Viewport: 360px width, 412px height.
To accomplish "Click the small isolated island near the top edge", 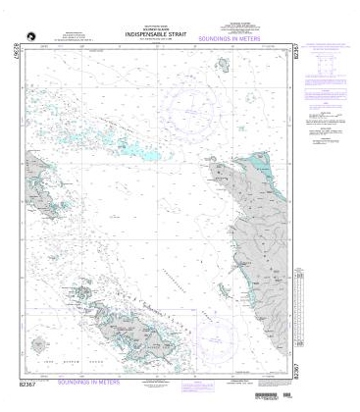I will [x=225, y=67].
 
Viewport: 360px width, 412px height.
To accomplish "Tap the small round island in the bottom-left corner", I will [x=39, y=346].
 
